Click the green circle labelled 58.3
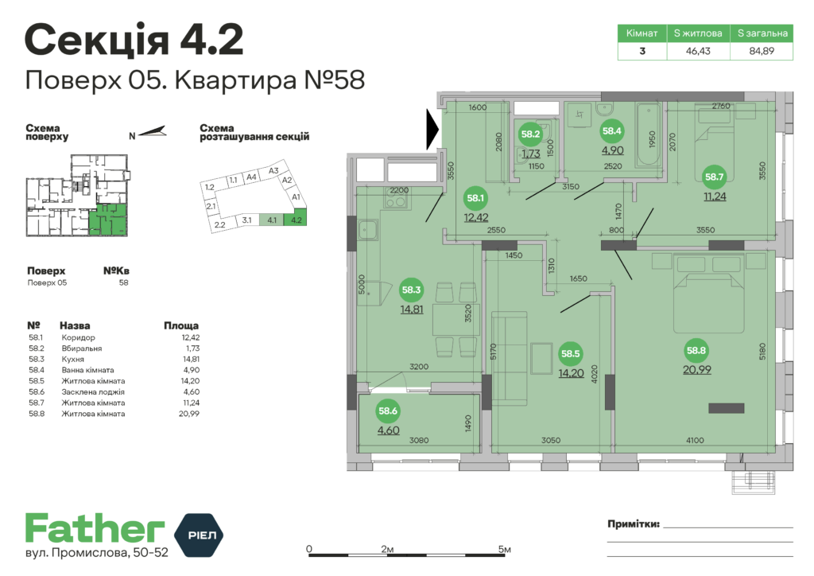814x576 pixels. [412, 290]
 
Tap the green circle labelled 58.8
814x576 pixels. [696, 350]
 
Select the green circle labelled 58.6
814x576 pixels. [388, 411]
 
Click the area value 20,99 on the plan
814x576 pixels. [696, 370]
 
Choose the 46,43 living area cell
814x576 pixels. [698, 51]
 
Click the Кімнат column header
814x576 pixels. [642, 33]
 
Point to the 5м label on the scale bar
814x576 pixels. [503, 550]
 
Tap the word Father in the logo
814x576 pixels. [95, 528]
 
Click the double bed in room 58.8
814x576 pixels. [710, 294]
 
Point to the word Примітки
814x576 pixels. [633, 523]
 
